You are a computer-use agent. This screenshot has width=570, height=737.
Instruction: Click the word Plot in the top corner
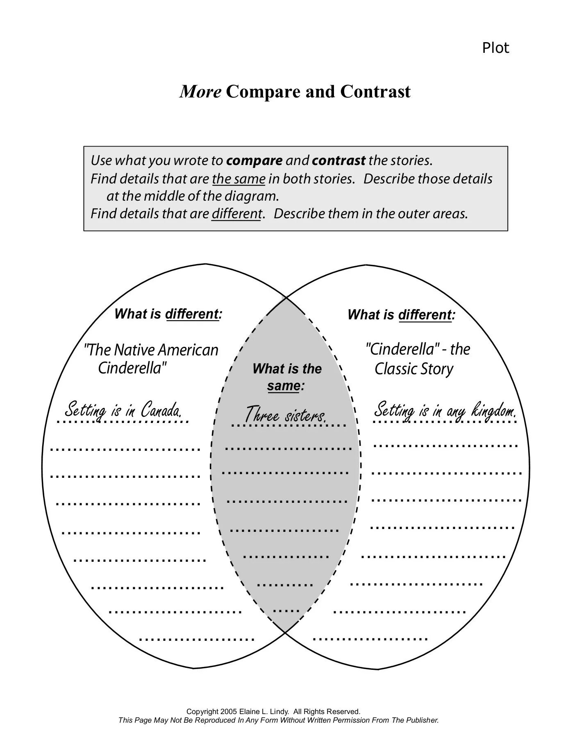tap(495, 48)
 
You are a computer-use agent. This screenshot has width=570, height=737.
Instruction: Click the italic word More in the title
tap(200, 91)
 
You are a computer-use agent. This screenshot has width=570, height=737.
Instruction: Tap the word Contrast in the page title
tap(375, 91)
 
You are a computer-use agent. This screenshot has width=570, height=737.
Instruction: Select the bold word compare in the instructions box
tap(254, 161)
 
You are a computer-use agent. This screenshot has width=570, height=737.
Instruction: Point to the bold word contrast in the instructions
tap(338, 161)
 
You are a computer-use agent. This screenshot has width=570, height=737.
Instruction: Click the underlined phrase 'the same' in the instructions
tap(239, 179)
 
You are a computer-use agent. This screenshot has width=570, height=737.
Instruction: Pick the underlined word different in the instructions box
tap(236, 213)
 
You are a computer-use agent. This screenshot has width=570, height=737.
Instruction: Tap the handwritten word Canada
tap(161, 410)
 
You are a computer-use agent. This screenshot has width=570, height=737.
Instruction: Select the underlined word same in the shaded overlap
tap(283, 386)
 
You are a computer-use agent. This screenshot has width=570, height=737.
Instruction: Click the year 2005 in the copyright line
tap(228, 712)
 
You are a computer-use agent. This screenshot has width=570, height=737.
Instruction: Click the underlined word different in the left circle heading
tap(192, 314)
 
